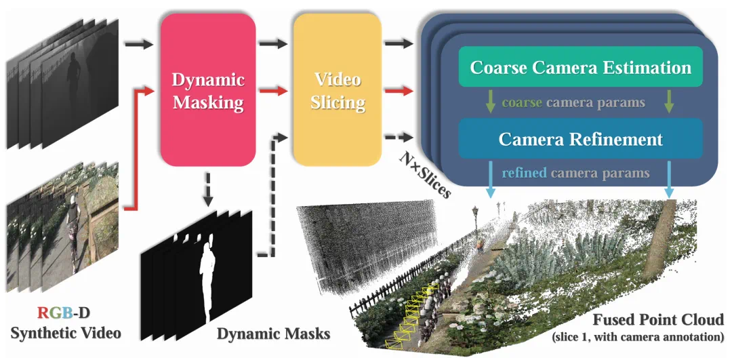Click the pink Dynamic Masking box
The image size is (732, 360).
tap(207, 92)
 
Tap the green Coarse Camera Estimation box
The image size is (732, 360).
tap(580, 68)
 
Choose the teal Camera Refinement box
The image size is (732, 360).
tap(580, 139)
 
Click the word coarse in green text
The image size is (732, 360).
tap(521, 104)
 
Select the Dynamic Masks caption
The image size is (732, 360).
tap(273, 334)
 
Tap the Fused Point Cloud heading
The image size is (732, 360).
tap(658, 319)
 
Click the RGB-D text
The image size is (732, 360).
tap(64, 313)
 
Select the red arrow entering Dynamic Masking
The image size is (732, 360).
tap(138, 146)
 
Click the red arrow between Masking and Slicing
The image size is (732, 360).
tap(274, 90)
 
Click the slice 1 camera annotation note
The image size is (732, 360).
tap(638, 337)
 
